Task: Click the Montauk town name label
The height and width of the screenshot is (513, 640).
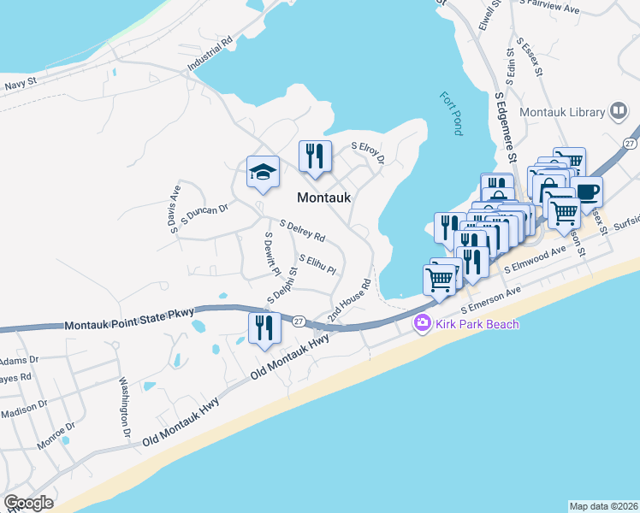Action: [x=324, y=197]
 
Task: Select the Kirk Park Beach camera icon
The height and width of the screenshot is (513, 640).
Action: [x=421, y=323]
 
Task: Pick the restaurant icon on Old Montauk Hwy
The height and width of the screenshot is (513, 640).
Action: [x=264, y=327]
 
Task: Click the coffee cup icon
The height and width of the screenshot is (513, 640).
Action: [x=588, y=192]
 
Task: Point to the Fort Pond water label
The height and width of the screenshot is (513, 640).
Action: [x=452, y=114]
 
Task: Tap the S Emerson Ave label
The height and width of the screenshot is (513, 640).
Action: [x=491, y=302]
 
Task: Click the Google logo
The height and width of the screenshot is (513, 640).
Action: [x=28, y=503]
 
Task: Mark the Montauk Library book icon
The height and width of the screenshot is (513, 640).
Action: [x=618, y=112]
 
